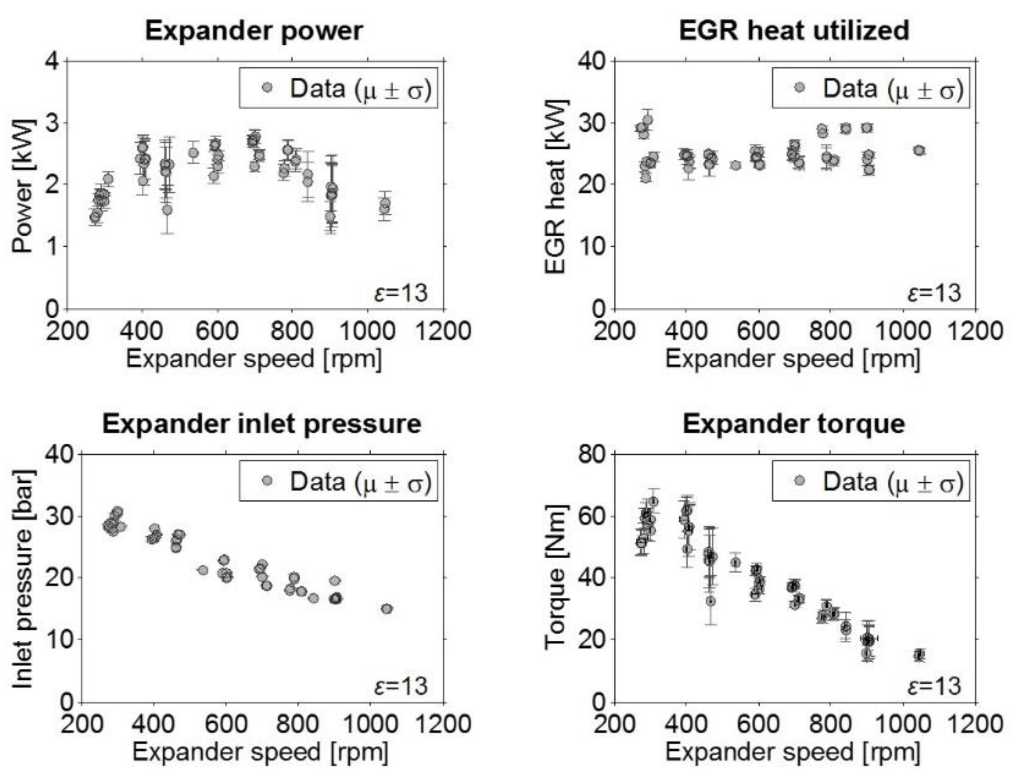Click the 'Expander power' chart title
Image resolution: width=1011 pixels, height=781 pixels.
tap(254, 31)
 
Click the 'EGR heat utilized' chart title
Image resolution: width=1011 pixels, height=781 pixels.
tap(794, 31)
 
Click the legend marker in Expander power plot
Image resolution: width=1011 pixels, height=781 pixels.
tap(267, 88)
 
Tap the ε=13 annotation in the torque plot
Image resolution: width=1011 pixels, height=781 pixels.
tap(934, 685)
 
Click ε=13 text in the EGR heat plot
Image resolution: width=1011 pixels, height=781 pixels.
tap(934, 293)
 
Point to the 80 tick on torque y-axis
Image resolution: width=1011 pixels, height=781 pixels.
tap(592, 454)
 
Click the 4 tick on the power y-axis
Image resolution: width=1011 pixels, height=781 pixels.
tap(54, 61)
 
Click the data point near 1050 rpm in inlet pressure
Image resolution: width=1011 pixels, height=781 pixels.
tap(387, 609)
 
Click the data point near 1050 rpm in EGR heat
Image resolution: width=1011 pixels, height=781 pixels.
tap(919, 150)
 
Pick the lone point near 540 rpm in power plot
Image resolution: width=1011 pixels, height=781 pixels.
tap(194, 153)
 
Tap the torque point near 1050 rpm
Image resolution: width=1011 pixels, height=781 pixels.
tap(919, 655)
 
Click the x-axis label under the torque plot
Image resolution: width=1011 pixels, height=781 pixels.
tap(792, 752)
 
